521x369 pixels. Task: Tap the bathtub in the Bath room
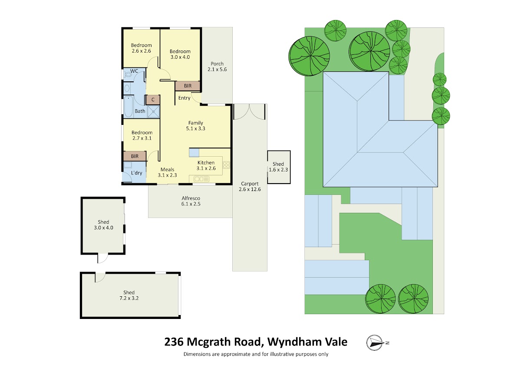pos(128,107)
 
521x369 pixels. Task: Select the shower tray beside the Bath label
pos(154,111)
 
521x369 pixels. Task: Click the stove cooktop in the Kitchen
pos(226,165)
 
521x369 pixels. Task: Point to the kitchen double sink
pos(201,179)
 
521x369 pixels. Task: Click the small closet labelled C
pos(153,100)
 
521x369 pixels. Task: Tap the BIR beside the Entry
pos(188,86)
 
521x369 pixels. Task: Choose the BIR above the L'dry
pos(135,156)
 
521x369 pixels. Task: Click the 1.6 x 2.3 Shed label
pos(278,167)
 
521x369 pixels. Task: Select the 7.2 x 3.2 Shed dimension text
pos(129,298)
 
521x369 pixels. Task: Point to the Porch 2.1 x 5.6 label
pos(217,67)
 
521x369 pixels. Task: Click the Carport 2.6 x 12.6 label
pos(250,186)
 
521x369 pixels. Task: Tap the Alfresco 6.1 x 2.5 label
pos(191,201)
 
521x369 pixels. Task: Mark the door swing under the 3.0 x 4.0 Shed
pos(103,258)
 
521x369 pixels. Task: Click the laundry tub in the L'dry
pos(128,165)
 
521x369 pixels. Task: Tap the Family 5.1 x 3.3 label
pos(195,126)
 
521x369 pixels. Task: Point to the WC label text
pos(134,71)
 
